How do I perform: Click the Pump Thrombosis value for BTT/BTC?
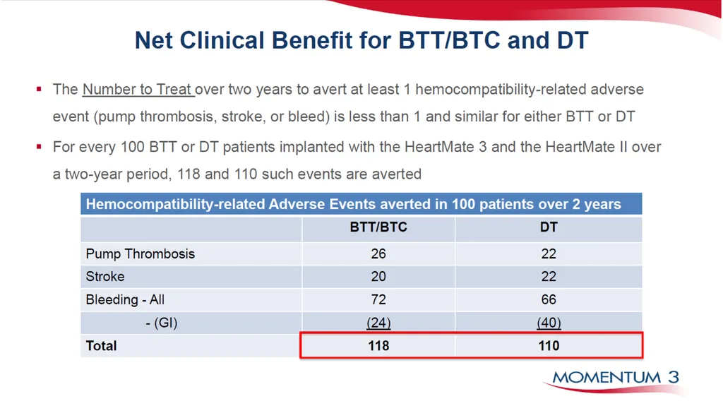[378, 253]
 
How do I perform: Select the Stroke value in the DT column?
[548, 276]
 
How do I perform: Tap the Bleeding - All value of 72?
[378, 299]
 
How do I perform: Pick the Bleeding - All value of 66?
[548, 299]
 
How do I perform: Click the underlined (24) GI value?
[378, 323]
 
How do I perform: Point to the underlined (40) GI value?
[549, 323]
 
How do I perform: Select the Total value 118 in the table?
[378, 345]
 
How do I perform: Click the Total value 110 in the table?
[549, 345]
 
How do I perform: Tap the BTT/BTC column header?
[378, 227]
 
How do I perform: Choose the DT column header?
[549, 227]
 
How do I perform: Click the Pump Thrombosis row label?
[141, 253]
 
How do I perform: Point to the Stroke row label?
[105, 276]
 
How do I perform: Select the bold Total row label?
[101, 345]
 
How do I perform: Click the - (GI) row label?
[162, 323]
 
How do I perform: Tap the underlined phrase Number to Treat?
[138, 89]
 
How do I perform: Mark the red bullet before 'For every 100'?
[40, 147]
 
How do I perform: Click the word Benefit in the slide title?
[312, 40]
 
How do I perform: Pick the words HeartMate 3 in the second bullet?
[446, 147]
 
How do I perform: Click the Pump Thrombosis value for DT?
[548, 253]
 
